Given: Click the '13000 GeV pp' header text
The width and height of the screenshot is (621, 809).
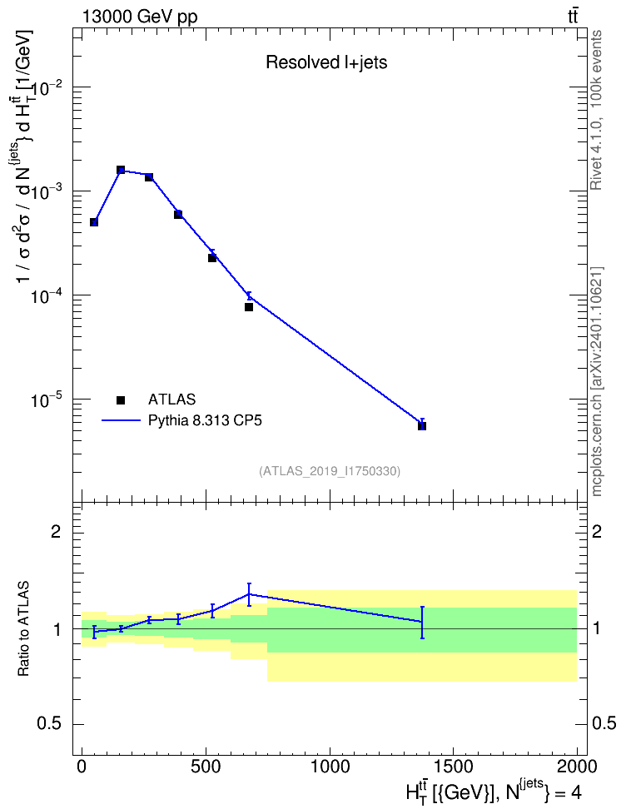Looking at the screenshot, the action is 139,17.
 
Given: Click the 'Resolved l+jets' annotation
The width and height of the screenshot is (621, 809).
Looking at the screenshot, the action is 326,62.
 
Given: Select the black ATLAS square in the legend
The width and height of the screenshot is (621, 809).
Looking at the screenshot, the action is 121,400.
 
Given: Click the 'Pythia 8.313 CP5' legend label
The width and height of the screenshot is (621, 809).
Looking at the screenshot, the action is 205,420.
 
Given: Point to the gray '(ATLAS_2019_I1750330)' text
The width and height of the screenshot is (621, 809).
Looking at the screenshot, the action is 330,470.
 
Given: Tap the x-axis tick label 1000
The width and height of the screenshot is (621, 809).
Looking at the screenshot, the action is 330,767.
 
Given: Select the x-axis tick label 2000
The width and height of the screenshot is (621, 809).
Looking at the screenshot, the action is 577,767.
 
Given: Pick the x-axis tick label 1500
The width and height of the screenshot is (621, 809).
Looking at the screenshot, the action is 453,767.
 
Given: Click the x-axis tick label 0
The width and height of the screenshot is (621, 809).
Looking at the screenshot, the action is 82,767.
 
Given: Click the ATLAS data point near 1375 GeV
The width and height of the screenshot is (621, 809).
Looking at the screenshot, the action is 422,425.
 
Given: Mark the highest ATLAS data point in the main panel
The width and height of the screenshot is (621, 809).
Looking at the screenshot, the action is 121,170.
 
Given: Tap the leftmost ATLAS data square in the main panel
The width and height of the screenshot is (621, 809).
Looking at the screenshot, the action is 94,222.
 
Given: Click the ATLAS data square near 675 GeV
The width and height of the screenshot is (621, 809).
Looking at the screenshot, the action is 249,307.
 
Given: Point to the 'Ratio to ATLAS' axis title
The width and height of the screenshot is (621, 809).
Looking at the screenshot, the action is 23,629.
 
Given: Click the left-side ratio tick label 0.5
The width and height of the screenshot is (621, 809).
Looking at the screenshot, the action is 49,724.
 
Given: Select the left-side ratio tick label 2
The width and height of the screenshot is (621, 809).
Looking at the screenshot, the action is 56,531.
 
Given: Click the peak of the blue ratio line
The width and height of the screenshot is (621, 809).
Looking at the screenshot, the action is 249,594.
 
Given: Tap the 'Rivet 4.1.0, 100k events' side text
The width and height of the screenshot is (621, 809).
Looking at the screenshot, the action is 596,110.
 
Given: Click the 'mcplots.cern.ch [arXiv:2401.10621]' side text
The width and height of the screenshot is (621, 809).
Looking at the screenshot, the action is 596,381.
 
